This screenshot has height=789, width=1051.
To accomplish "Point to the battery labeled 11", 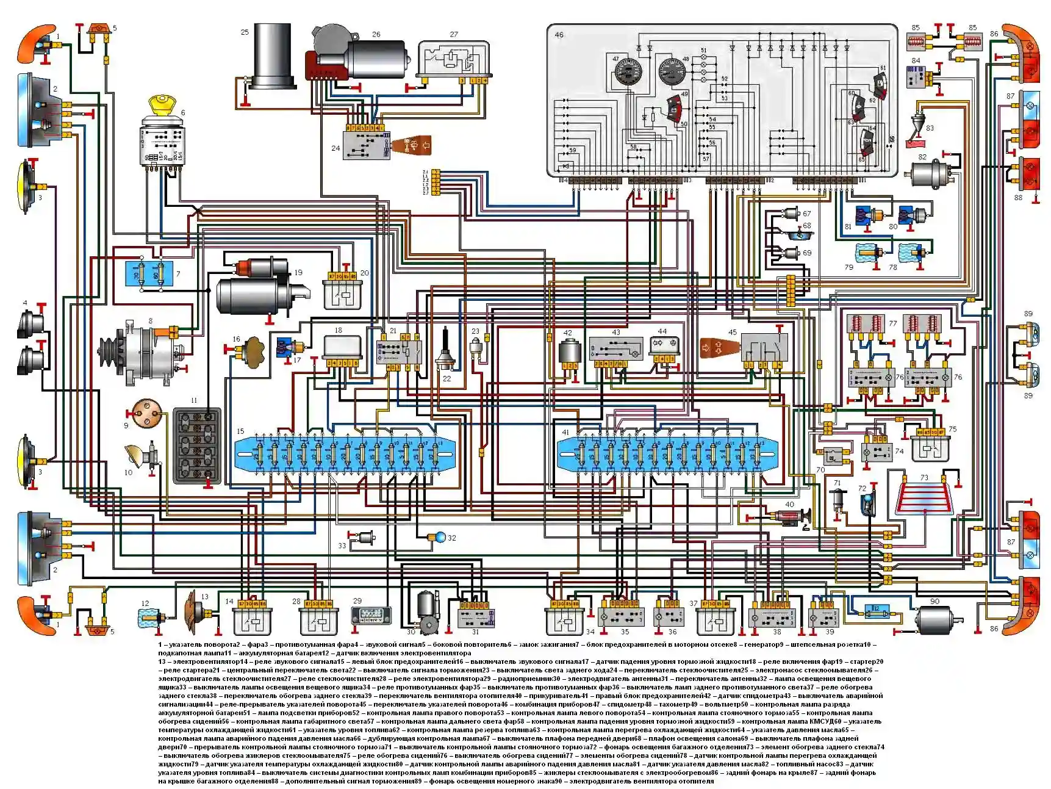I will (x=196, y=445).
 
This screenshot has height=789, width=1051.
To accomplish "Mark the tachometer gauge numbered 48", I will (x=672, y=71).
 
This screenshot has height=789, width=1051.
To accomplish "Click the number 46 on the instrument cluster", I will (x=559, y=35).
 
